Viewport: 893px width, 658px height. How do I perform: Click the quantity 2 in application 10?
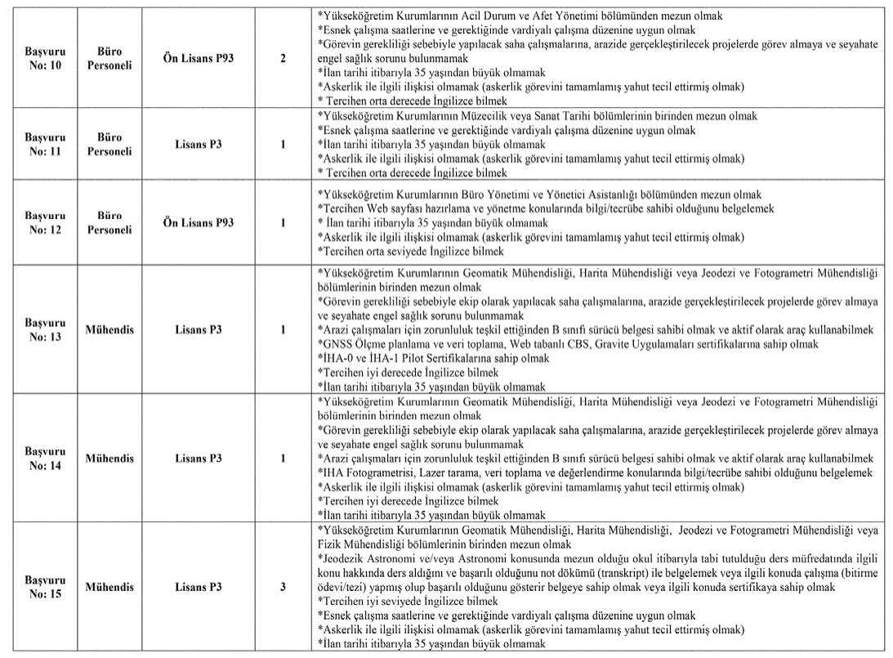(283, 59)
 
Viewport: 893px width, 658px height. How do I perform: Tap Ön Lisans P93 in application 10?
(199, 59)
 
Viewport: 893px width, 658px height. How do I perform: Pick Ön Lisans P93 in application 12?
(199, 222)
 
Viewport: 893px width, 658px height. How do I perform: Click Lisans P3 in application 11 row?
(199, 145)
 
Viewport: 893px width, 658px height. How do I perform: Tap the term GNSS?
(337, 344)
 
